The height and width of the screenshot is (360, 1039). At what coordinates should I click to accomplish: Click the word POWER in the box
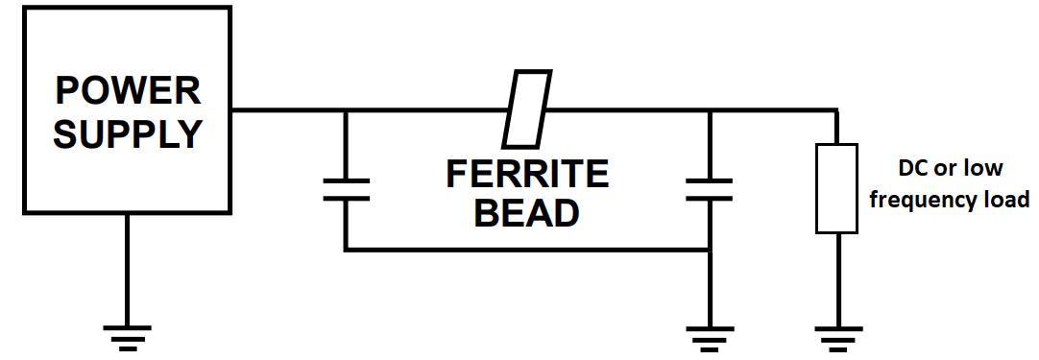click(x=128, y=91)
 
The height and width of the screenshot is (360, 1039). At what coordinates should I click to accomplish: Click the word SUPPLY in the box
click(x=128, y=133)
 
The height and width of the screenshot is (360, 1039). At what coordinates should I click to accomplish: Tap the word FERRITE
click(x=527, y=175)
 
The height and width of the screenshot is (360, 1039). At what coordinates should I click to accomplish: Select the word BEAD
click(x=527, y=213)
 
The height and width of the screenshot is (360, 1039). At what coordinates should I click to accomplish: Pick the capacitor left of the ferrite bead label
click(x=346, y=188)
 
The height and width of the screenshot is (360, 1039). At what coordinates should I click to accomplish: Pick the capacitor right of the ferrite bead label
click(x=709, y=188)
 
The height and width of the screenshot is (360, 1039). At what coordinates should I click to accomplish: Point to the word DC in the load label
click(x=913, y=169)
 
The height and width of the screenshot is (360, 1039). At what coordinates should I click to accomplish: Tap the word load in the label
click(x=1007, y=201)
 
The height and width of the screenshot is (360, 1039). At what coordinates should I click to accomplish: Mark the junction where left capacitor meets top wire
click(x=346, y=110)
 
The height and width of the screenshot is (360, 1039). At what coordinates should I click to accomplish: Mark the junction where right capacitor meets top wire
click(x=709, y=110)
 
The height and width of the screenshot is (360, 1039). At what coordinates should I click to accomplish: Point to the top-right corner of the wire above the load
click(x=835, y=110)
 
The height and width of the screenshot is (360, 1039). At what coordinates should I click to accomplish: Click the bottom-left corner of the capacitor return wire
click(x=346, y=251)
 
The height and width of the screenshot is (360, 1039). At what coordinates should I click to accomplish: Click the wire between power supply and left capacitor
click(x=288, y=110)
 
